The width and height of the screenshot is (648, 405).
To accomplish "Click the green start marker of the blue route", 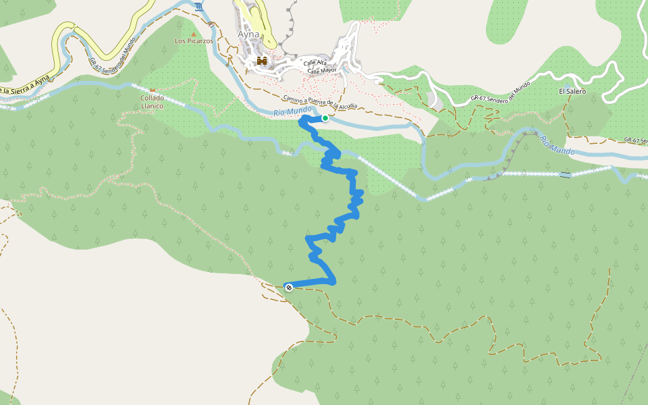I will tap(325, 118).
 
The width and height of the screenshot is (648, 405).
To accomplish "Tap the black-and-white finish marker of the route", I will tap(288, 287).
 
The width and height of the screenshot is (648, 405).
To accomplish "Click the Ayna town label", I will tap(248, 34).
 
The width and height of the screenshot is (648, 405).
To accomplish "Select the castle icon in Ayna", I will tap(262, 62).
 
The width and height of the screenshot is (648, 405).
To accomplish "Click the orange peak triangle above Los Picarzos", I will tap(194, 34).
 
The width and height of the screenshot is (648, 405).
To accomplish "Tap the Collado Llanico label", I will tap(152, 102).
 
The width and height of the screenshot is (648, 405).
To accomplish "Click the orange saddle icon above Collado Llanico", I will tap(152, 90).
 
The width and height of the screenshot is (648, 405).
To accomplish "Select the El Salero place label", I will tap(572, 91).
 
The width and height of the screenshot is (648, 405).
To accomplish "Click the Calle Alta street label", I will tap(315, 63).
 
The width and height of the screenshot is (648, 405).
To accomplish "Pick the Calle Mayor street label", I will tap(321, 70).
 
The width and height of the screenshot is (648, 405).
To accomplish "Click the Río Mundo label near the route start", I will tap(293, 111).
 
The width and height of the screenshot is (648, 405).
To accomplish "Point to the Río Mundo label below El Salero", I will tap(557, 146).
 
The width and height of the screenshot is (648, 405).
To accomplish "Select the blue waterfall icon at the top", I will tap(198, 7).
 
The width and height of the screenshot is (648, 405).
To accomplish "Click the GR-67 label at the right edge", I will tap(635, 140).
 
